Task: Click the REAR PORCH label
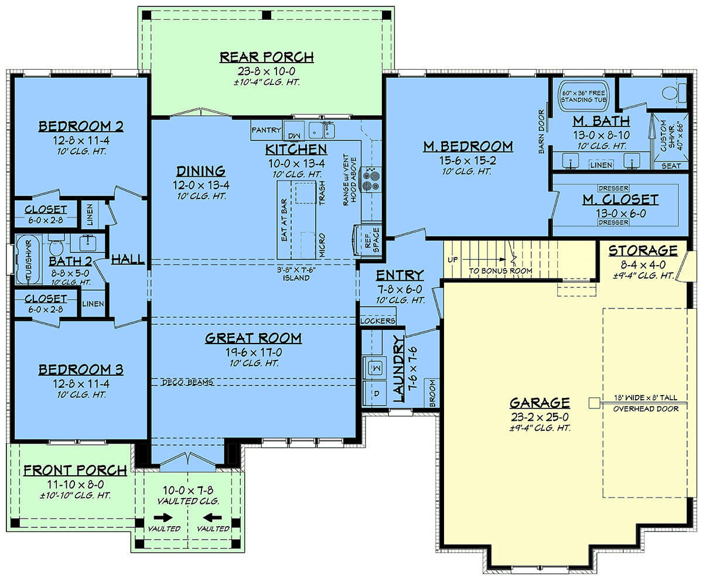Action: (267, 57)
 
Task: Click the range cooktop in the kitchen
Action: (370, 180)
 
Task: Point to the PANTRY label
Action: (266, 130)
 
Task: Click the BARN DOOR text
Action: (541, 132)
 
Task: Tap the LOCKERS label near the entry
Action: (378, 321)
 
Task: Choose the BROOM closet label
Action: (433, 393)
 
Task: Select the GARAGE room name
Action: (540, 403)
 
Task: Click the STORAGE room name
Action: (643, 250)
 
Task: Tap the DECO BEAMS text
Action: (187, 383)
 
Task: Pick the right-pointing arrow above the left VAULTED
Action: (163, 518)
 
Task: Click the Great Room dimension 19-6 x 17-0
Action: (254, 352)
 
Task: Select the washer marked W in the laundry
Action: (374, 368)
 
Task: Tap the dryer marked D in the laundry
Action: (374, 393)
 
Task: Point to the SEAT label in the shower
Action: (671, 166)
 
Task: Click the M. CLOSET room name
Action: (620, 200)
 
